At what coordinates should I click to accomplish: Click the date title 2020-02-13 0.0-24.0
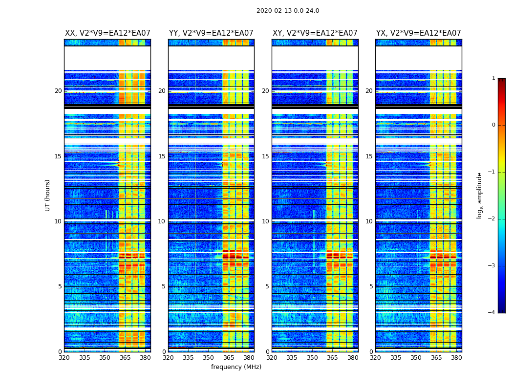(288, 11)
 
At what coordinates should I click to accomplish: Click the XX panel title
(107, 33)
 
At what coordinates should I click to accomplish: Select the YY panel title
(211, 33)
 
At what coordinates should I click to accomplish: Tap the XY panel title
(315, 33)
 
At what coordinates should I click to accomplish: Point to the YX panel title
(419, 33)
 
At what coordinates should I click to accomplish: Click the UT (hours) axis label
(48, 195)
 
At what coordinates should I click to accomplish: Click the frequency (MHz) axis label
(236, 367)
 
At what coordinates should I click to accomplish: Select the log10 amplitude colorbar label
(480, 195)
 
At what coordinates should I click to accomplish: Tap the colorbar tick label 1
(493, 78)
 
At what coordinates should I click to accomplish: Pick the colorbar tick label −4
(492, 313)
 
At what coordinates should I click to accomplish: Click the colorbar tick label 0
(493, 125)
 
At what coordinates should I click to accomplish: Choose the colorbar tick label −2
(492, 219)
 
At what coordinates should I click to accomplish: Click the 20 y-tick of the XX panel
(58, 91)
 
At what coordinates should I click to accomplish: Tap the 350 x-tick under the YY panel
(209, 358)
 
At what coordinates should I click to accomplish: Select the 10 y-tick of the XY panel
(265, 221)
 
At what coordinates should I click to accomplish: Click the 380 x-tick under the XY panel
(353, 358)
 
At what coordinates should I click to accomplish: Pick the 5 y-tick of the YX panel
(371, 286)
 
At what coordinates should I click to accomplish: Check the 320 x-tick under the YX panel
(376, 358)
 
